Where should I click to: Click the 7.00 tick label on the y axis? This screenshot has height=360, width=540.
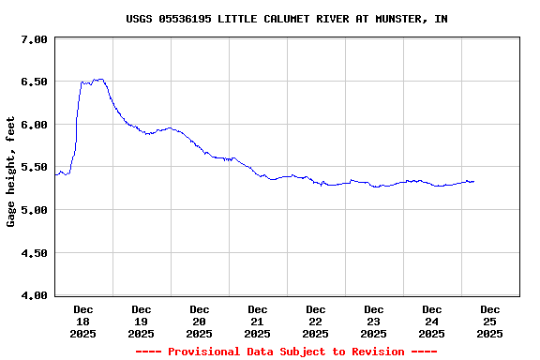[x=34, y=39]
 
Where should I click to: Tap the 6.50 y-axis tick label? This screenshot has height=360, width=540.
[x=34, y=82]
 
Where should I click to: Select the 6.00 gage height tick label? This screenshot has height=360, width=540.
[x=34, y=125]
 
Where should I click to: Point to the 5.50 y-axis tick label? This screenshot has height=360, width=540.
[x=34, y=167]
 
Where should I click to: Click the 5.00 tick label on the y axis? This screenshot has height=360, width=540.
[x=34, y=210]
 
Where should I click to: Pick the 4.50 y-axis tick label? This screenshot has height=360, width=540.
[x=34, y=252]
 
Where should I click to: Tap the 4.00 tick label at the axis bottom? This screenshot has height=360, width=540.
[x=34, y=295]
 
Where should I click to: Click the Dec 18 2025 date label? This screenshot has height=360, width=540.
[x=83, y=321]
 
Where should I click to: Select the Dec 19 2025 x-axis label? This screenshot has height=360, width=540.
[x=142, y=321]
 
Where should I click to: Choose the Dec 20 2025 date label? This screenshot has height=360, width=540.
[x=200, y=321]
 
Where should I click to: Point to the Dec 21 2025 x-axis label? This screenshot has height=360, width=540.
[x=258, y=321]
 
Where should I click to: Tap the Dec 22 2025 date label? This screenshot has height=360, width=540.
[x=316, y=321]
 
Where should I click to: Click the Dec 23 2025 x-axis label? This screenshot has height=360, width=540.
[x=374, y=321]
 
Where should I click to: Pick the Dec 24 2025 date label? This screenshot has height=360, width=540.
[x=432, y=321]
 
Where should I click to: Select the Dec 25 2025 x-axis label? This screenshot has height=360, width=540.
[x=490, y=321]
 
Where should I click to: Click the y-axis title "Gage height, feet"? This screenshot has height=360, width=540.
[x=11, y=172]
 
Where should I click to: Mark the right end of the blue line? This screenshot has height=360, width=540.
[x=473, y=181]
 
